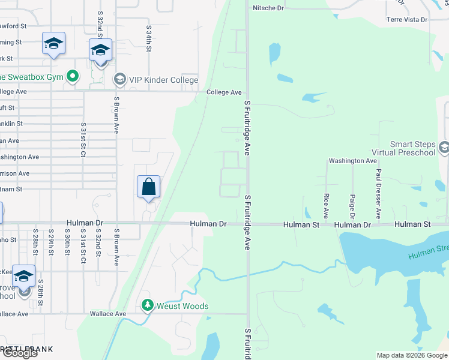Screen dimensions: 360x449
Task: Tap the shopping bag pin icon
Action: (148, 187)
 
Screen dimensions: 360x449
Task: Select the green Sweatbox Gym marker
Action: (73, 76)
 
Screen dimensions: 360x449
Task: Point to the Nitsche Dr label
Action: (268, 8)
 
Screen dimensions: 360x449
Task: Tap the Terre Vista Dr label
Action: (407, 20)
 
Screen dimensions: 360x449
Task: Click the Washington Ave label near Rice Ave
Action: (352, 161)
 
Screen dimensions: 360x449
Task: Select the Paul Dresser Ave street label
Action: (378, 193)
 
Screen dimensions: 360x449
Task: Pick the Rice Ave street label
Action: (326, 205)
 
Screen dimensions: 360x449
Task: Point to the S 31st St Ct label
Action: (83, 139)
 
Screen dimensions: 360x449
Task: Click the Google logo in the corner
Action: (19, 353)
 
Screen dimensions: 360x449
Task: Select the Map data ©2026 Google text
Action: (412, 355)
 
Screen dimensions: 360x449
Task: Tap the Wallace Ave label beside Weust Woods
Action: (108, 314)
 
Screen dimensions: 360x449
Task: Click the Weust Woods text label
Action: (182, 306)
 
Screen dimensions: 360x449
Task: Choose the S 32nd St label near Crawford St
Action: (100, 23)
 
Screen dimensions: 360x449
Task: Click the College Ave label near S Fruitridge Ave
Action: (224, 92)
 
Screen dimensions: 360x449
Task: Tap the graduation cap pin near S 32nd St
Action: (100, 50)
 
